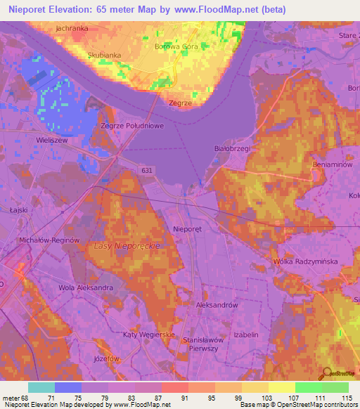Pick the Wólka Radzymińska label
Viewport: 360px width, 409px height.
coord(305,261)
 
